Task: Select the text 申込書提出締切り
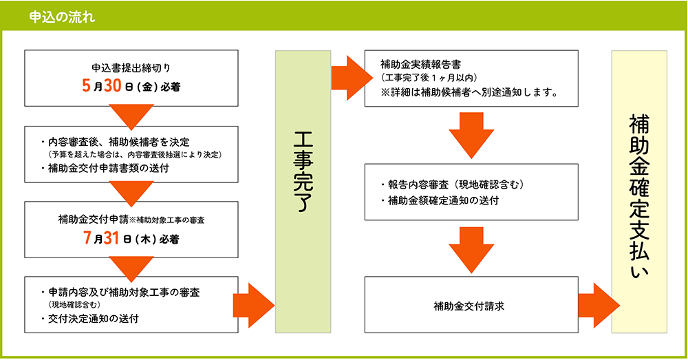[131, 69]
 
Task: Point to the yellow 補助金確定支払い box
[639, 191]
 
